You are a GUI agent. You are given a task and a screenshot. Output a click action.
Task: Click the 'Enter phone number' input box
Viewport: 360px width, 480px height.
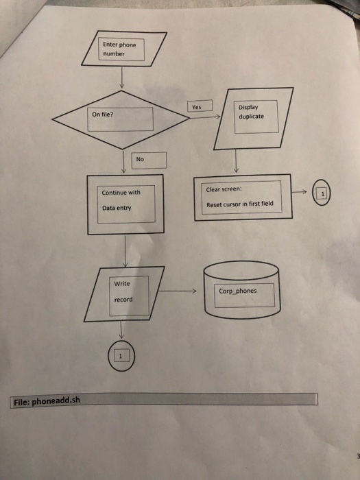pyautogui.click(x=124, y=49)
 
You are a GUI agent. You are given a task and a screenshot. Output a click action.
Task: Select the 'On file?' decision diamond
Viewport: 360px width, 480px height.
pyautogui.click(x=121, y=120)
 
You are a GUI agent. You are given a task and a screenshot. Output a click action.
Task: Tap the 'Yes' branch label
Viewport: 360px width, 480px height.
pyautogui.click(x=200, y=106)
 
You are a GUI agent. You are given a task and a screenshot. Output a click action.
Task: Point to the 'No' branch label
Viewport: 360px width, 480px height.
pyautogui.click(x=149, y=160)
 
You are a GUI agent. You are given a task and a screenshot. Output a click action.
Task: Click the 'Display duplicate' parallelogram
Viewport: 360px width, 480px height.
pyautogui.click(x=254, y=119)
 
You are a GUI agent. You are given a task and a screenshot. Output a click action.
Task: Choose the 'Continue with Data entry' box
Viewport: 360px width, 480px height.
pyautogui.click(x=125, y=204)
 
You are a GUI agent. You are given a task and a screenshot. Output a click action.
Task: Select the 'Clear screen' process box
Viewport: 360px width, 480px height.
pyautogui.click(x=243, y=197)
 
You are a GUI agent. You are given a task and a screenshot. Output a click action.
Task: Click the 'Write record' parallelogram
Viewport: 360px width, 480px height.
pyautogui.click(x=124, y=294)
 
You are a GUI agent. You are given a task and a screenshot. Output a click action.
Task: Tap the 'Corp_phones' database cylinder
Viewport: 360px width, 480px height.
pyautogui.click(x=242, y=290)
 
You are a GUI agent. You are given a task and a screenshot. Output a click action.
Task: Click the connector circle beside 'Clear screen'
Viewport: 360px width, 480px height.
pyautogui.click(x=322, y=192)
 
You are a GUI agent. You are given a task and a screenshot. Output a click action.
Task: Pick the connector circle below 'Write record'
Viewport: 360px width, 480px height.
pyautogui.click(x=121, y=356)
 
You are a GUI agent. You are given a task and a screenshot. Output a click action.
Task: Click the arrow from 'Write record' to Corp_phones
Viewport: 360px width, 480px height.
pyautogui.click(x=178, y=291)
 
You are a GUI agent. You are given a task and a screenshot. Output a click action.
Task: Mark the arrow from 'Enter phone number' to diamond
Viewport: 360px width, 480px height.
pyautogui.click(x=122, y=77)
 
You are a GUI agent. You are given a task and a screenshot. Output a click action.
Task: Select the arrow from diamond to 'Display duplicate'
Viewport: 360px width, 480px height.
pyautogui.click(x=205, y=117)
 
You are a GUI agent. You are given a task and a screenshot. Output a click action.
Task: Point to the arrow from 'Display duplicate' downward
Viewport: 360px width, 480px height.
pyautogui.click(x=236, y=161)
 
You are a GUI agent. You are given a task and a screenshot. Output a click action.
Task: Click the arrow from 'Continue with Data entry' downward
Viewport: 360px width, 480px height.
pyautogui.click(x=125, y=251)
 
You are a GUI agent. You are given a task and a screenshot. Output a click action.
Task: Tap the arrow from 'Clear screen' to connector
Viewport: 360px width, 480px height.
pyautogui.click(x=300, y=192)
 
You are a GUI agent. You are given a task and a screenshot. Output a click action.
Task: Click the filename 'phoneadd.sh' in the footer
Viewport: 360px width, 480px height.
pyautogui.click(x=56, y=400)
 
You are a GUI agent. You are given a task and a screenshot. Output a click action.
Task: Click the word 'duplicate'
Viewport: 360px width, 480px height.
pyautogui.click(x=252, y=117)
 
